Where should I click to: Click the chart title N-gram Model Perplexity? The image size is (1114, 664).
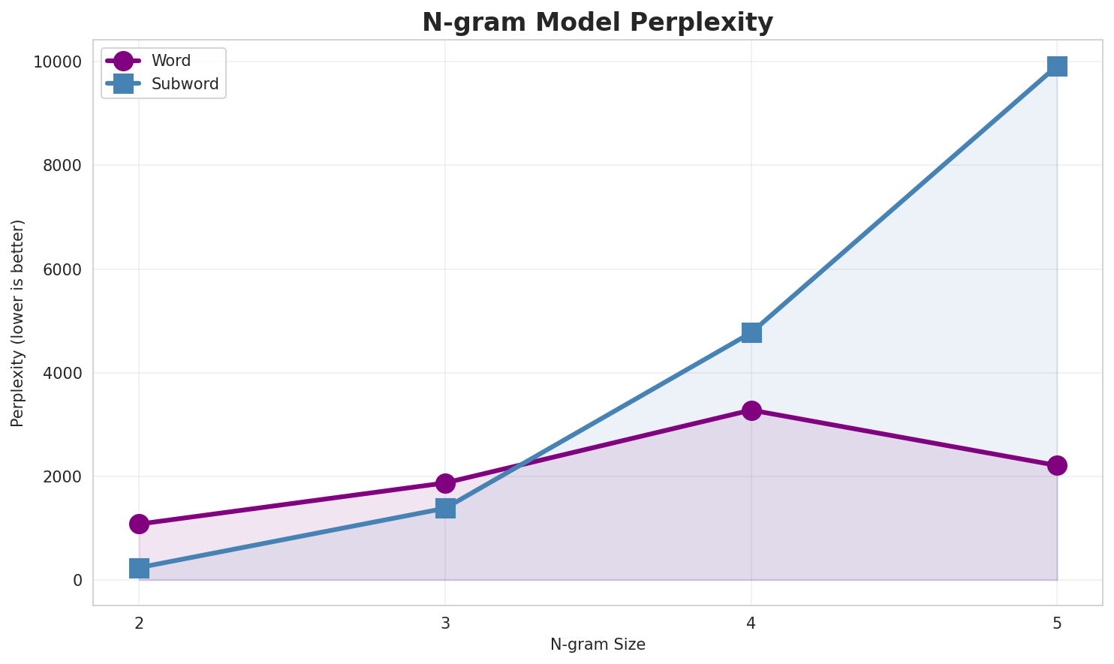click(597, 23)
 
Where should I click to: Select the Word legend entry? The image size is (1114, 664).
click(170, 61)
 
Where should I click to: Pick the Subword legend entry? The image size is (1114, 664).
click(185, 84)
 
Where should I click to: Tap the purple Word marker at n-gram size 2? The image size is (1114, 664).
click(139, 524)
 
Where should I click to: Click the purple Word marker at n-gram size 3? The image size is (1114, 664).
click(445, 482)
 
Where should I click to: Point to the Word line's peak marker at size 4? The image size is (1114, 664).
click(751, 410)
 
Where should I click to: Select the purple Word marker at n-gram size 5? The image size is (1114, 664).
click(1057, 465)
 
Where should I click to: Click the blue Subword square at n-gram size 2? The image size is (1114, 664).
click(139, 568)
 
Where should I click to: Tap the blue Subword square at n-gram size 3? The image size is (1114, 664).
click(445, 509)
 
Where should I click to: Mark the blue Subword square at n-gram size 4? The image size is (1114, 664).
click(751, 332)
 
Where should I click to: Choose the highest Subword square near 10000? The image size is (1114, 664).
click(1057, 66)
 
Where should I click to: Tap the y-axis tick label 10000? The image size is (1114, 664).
click(57, 62)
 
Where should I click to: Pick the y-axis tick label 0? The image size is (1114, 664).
click(77, 580)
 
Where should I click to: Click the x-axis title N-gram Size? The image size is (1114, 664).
click(598, 644)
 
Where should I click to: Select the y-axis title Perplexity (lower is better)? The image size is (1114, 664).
click(18, 323)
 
